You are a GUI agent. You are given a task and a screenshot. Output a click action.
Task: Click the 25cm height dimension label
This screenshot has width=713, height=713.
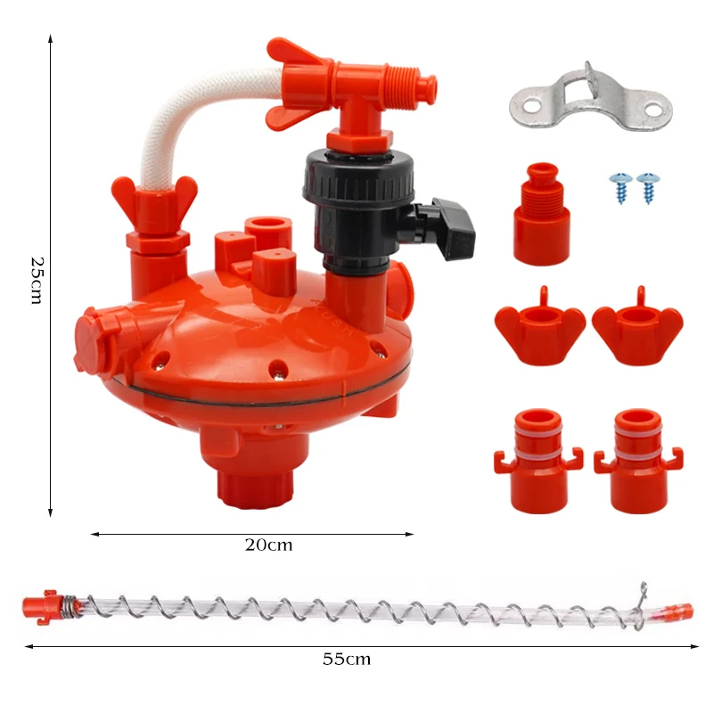(37, 280)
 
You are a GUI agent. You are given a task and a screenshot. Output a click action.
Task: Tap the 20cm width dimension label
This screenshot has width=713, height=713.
(269, 545)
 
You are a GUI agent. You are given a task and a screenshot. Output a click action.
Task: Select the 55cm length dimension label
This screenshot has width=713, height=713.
(347, 659)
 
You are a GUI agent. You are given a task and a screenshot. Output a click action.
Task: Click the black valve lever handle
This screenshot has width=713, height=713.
(453, 228)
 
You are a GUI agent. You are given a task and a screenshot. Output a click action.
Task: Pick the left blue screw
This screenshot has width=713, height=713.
(620, 187)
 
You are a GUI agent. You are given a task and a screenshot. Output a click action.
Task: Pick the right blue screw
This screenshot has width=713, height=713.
(648, 187)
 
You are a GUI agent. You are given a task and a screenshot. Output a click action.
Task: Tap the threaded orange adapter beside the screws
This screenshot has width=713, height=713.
(542, 215)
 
